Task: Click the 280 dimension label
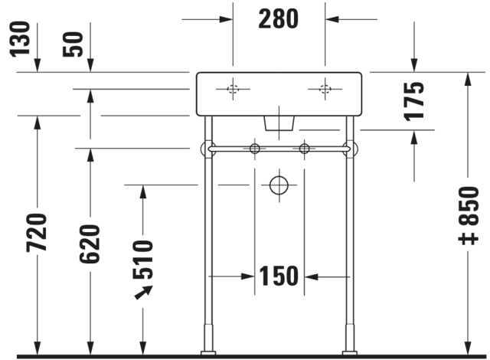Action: point(278,19)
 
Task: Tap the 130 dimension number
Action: point(20,39)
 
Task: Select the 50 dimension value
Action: point(73,44)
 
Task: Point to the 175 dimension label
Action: point(414,101)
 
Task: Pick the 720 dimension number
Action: point(37,233)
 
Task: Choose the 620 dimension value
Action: point(90,244)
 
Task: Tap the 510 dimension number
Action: point(143,260)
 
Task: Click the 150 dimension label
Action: point(279,276)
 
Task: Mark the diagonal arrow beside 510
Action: point(143,293)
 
